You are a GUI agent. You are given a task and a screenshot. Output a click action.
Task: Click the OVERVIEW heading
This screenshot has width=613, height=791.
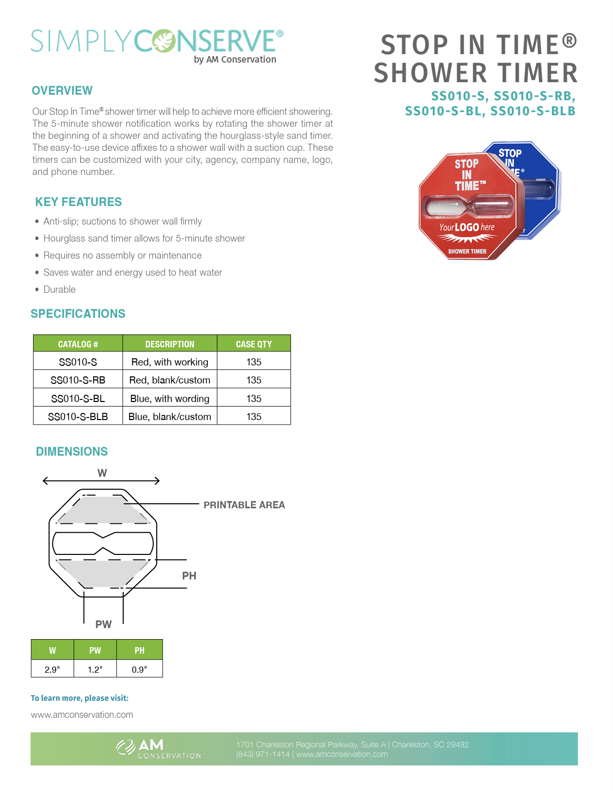point(62,91)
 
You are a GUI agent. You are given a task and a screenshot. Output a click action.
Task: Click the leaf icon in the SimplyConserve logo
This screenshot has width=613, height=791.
point(165,42)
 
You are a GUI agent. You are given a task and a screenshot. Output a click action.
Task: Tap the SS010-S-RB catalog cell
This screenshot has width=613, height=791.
point(78,380)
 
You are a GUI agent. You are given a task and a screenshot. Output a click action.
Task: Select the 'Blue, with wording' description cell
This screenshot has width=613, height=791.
point(170,399)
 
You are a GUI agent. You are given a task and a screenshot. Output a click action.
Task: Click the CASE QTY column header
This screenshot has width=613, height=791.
point(253,344)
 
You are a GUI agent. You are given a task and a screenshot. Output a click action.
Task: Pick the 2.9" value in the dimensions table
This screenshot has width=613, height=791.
point(52,669)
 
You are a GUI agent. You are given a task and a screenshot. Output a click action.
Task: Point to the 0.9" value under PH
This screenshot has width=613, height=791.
point(139,669)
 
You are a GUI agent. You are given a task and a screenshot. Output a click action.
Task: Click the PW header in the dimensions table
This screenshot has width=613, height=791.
point(95,650)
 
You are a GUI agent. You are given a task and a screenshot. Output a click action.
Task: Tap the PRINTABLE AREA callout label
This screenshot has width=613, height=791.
point(244,505)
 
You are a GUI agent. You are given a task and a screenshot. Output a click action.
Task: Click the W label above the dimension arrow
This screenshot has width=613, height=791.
point(102,473)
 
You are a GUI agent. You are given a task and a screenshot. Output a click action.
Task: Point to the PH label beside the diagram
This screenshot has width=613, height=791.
point(189,575)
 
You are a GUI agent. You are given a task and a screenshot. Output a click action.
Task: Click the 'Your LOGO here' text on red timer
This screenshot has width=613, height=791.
point(466,228)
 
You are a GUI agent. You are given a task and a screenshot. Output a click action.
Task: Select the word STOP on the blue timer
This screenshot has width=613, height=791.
point(510,153)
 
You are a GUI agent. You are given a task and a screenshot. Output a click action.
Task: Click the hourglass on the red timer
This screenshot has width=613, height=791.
point(469,207)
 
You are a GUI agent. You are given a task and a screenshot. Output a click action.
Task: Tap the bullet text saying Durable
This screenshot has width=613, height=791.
point(60,289)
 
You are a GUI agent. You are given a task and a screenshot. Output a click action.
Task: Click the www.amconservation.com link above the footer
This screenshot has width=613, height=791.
point(82,714)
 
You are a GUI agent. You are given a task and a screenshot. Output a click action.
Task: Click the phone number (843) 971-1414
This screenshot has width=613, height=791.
point(263,754)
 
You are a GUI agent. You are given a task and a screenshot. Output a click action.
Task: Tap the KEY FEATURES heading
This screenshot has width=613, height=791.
point(79,202)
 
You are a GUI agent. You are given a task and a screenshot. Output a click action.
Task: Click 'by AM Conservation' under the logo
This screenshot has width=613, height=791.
point(235,59)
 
